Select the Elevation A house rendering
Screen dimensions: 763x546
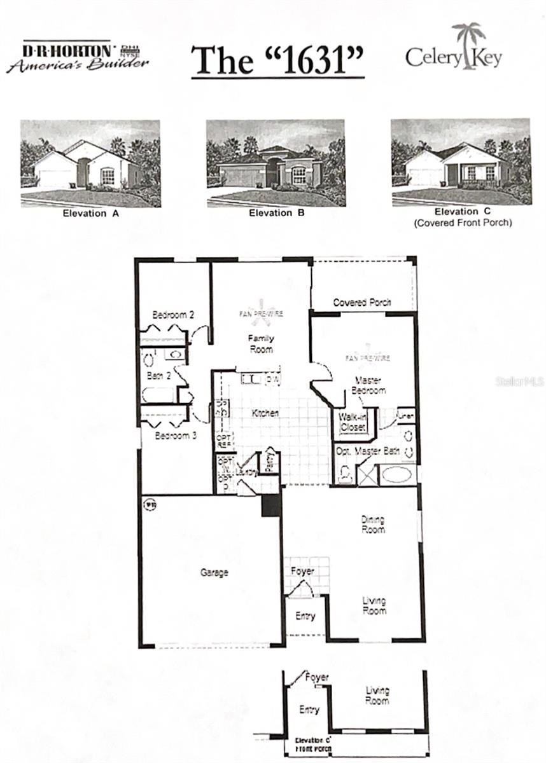tap(90, 163)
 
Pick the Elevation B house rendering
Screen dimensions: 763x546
tap(276, 163)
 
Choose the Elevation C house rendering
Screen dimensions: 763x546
tap(460, 162)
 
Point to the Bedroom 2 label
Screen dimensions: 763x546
tap(173, 315)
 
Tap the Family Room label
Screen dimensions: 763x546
tap(261, 344)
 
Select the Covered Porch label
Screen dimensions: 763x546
tap(361, 303)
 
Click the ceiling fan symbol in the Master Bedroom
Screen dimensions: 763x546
tap(368, 356)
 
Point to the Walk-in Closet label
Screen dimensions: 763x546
tap(353, 423)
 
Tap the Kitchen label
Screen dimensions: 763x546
tap(265, 413)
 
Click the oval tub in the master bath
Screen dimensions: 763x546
tap(398, 475)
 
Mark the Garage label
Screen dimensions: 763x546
tap(214, 572)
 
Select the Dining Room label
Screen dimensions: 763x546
tap(373, 524)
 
